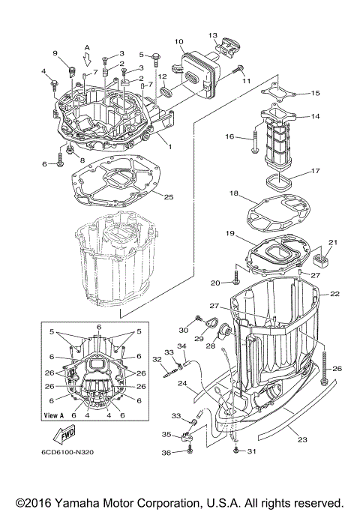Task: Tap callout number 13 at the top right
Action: [x=212, y=35]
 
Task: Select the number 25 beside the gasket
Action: [x=169, y=196]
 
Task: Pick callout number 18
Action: [x=234, y=193]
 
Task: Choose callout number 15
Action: [x=315, y=94]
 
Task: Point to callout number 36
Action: [x=166, y=454]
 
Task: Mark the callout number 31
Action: [x=252, y=450]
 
